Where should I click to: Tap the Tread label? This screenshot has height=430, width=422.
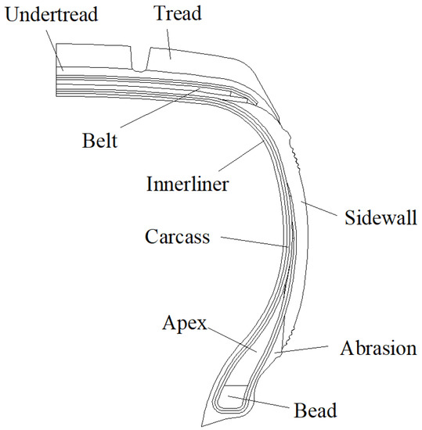(x=177, y=14)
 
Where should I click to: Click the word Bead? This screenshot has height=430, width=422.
(x=315, y=410)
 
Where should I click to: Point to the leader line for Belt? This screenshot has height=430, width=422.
(x=161, y=113)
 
